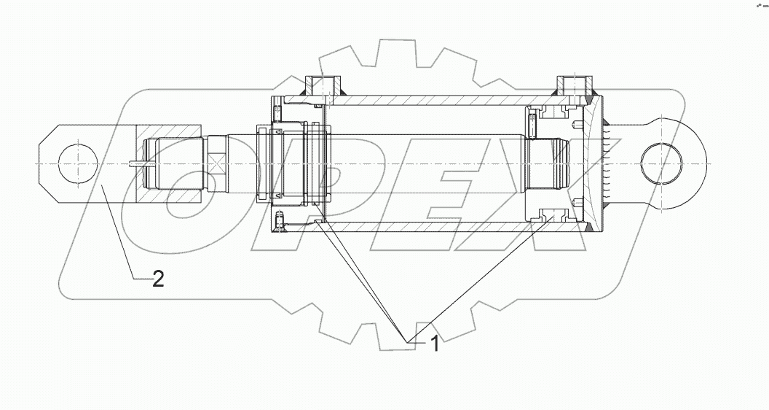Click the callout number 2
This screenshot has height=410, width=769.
tap(157, 279)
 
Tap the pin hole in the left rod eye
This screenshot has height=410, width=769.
tap(76, 163)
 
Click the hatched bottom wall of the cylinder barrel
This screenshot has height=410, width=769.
tap(437, 227)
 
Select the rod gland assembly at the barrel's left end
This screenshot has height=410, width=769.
tap(291, 162)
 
